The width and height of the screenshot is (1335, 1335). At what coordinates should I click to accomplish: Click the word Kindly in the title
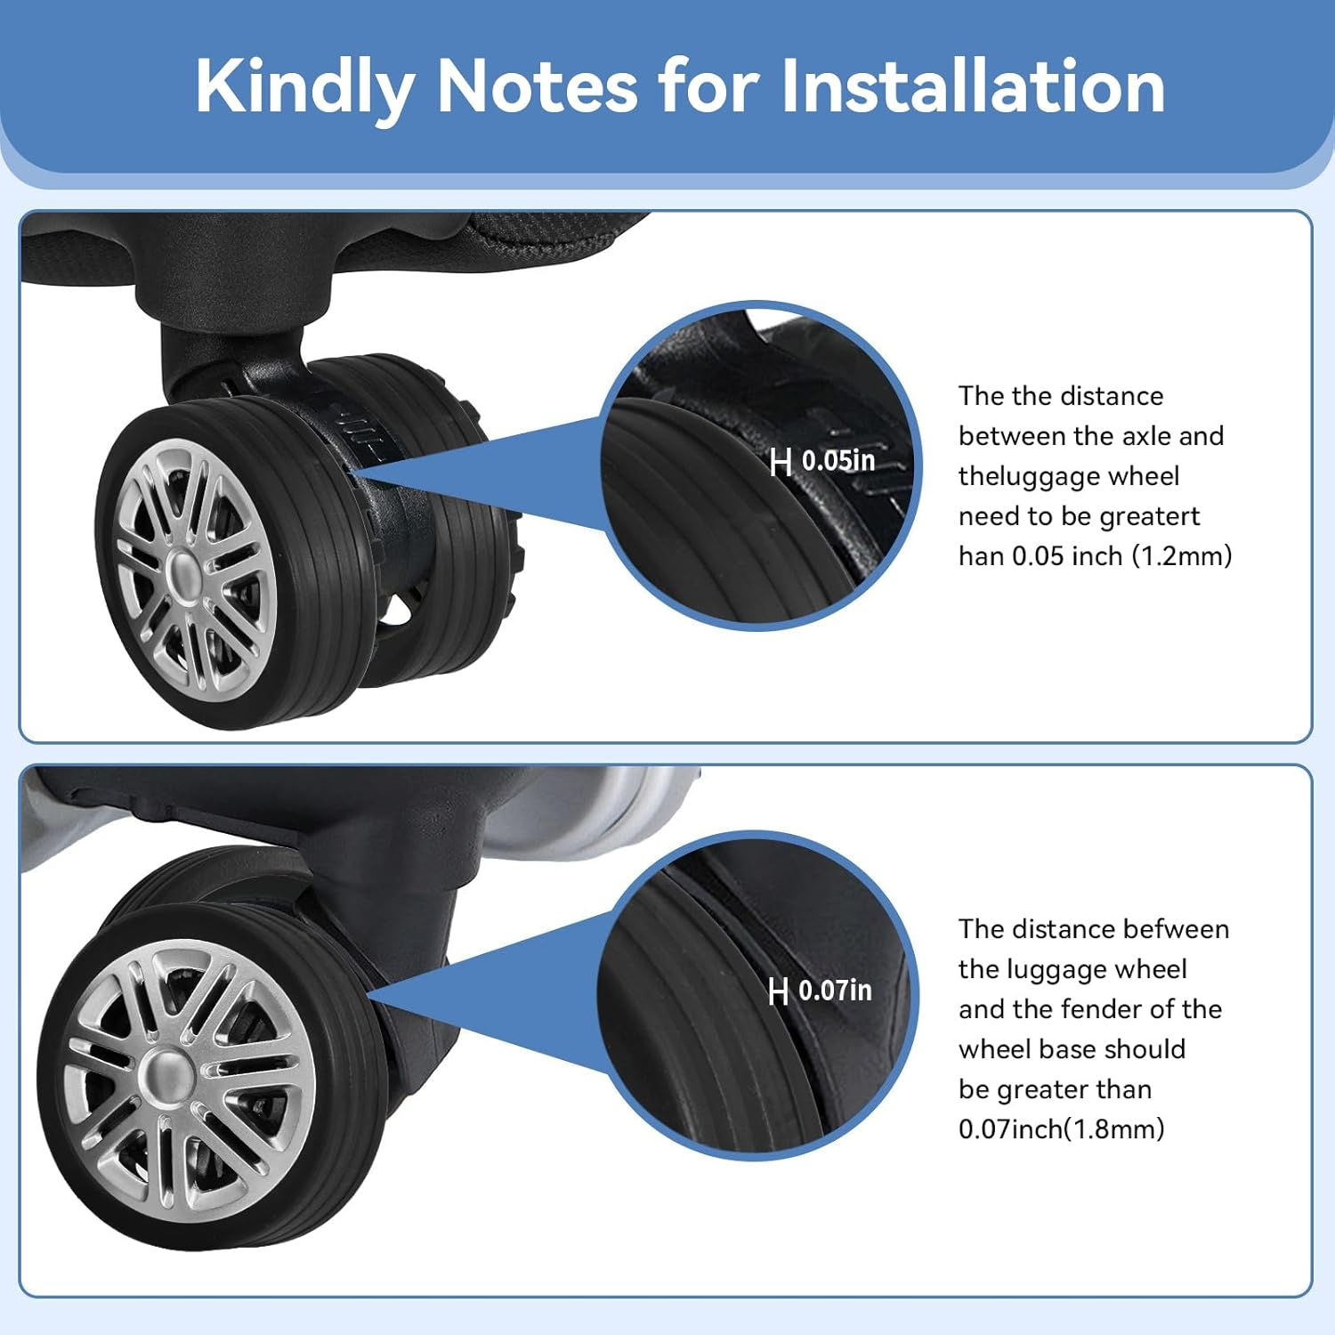tap(303, 87)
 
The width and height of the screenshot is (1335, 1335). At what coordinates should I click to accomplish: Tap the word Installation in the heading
tap(973, 85)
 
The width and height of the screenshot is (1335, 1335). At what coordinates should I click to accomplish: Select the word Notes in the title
tap(537, 85)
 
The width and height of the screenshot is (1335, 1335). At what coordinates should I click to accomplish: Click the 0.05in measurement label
tap(838, 461)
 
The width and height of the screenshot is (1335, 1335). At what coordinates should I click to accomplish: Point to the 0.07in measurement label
tap(835, 991)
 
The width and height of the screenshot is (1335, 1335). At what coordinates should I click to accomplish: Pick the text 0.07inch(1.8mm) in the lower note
tap(1061, 1129)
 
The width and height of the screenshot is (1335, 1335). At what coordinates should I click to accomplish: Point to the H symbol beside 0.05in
tap(781, 462)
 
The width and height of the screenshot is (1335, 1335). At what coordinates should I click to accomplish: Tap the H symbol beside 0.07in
tap(778, 991)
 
